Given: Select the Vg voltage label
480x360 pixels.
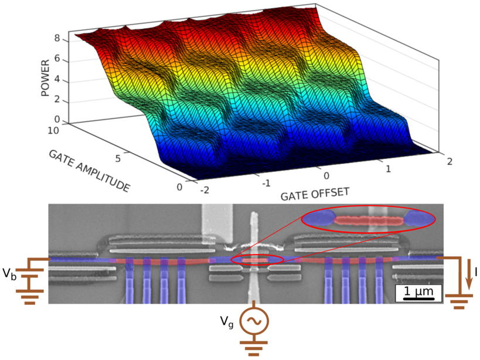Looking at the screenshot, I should point(225,321).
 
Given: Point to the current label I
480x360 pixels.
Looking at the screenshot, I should point(473,271).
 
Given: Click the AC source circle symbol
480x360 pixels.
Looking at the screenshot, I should point(253,321).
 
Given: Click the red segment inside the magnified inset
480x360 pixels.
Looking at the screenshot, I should point(370,220).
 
